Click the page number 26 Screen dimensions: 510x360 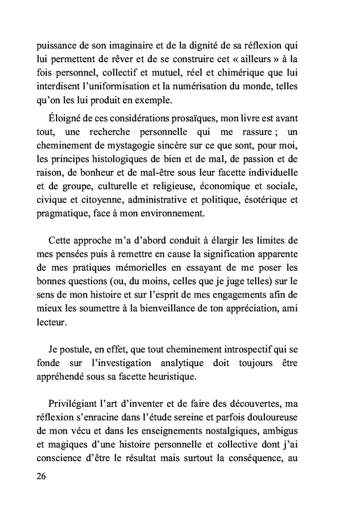(x=42, y=476)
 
